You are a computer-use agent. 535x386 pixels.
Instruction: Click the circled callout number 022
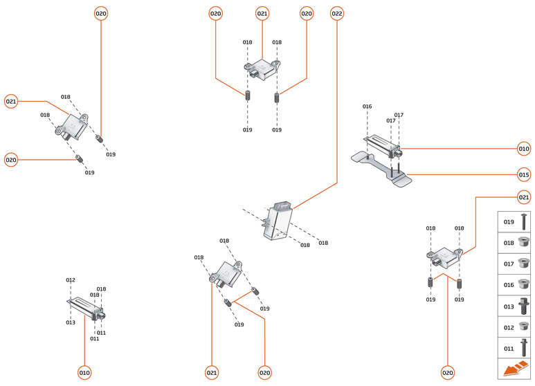[337, 13]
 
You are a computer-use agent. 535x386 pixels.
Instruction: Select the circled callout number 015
[524, 174]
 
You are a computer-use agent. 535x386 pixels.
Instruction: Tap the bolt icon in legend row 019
[524, 222]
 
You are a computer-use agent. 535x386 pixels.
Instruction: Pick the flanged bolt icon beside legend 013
[524, 306]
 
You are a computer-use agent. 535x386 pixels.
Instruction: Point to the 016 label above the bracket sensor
[367, 107]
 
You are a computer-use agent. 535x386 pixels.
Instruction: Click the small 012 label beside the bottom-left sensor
[71, 280]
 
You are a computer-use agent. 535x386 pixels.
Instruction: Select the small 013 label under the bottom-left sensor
[71, 322]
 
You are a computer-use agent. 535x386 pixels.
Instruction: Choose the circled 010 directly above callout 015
[524, 148]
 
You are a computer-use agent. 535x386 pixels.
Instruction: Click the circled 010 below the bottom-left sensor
[84, 373]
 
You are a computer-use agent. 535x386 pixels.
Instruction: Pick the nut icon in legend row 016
[524, 284]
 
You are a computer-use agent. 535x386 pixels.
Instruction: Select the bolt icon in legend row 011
[524, 347]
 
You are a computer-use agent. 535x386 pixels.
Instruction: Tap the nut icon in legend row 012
[524, 327]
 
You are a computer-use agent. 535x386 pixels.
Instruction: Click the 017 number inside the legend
[508, 264]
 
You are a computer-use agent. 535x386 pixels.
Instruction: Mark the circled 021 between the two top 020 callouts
[262, 13]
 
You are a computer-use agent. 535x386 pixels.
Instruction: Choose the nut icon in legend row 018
[524, 243]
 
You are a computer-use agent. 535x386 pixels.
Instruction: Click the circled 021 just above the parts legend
[524, 198]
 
